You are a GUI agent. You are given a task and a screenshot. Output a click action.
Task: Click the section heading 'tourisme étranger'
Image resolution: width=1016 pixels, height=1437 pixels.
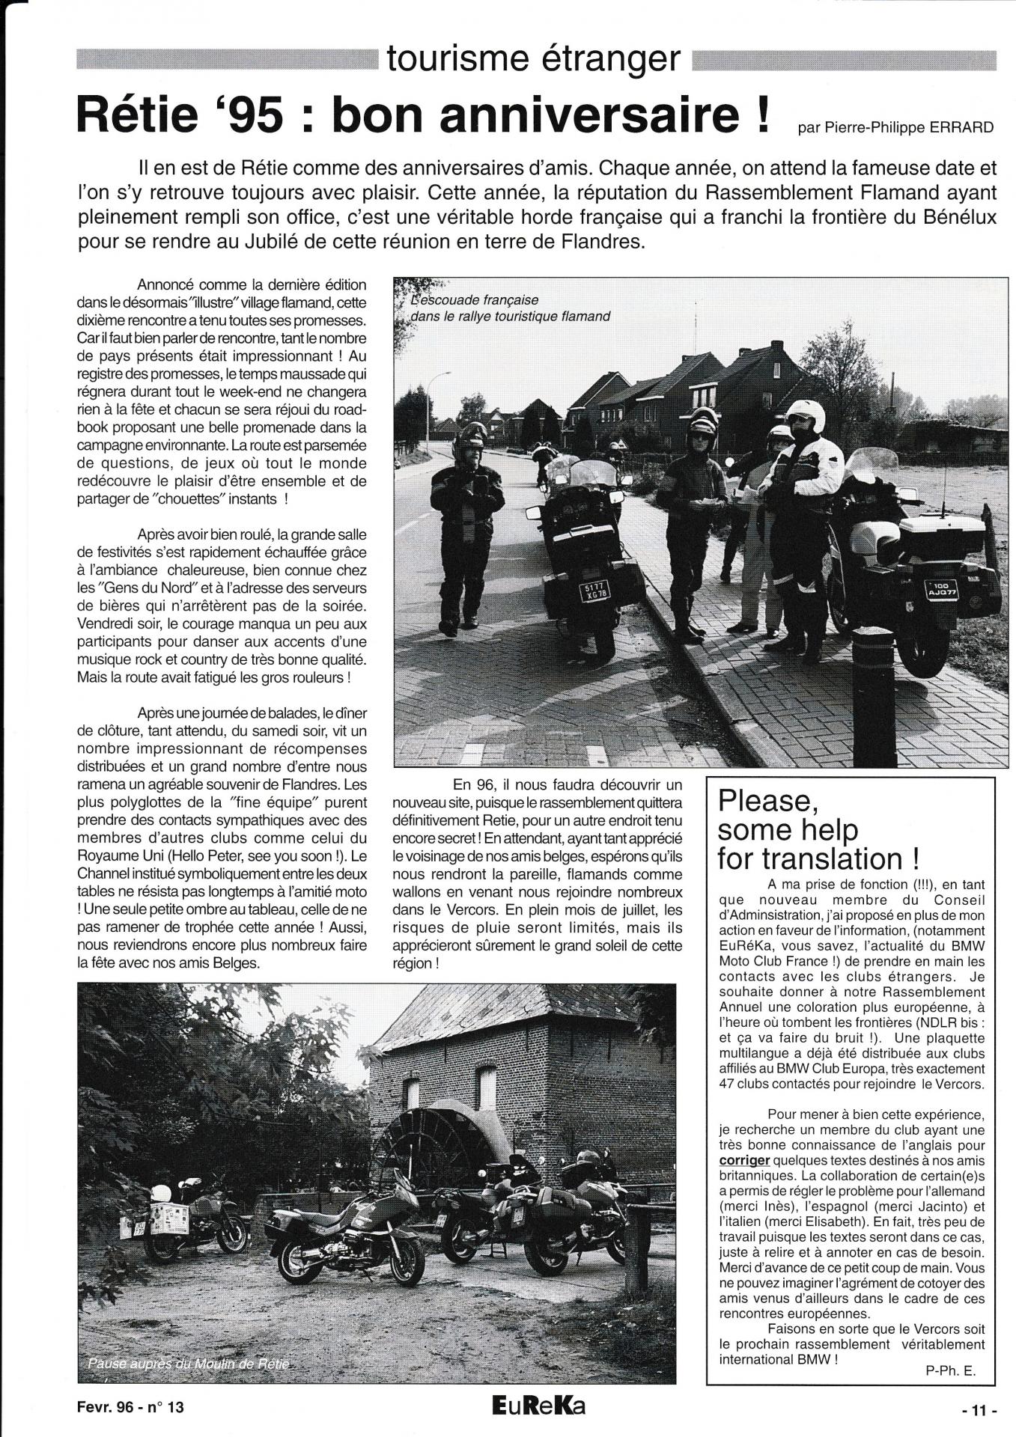[534, 58]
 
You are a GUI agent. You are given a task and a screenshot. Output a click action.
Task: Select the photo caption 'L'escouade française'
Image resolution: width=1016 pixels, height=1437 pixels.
[475, 300]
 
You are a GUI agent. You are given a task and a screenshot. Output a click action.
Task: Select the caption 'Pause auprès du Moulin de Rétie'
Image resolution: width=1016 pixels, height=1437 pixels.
[188, 1364]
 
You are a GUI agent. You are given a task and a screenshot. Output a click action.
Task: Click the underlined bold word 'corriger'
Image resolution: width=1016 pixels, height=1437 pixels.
[744, 1160]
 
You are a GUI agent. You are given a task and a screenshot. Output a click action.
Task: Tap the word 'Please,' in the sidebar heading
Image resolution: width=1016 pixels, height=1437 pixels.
[765, 802]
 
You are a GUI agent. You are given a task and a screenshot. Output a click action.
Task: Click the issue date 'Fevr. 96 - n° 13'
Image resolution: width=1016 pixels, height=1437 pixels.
[130, 1407]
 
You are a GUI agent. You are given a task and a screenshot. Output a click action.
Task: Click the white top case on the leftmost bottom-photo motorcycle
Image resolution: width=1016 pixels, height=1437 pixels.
[170, 1219]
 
